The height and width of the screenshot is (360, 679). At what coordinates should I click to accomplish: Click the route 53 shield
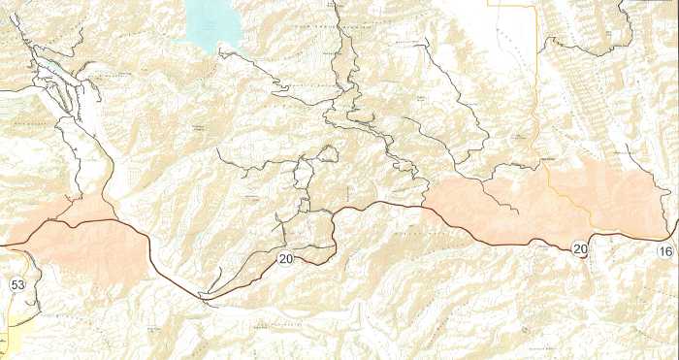[x=17, y=284]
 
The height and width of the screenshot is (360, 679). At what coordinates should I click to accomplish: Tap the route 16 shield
[x=664, y=251]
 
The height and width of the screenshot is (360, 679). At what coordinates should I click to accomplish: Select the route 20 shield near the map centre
[x=284, y=258]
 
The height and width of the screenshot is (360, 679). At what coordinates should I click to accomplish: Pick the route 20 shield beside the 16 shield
[x=579, y=249]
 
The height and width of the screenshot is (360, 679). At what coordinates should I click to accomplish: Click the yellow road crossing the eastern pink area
[x=567, y=199]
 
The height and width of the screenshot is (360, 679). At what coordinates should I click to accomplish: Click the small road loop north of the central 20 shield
[x=328, y=153]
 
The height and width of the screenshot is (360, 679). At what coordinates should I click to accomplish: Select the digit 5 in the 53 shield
[x=14, y=284]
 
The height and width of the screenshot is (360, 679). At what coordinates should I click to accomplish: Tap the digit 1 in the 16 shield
[x=661, y=251]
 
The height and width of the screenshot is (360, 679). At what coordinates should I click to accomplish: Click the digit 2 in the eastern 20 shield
[x=575, y=249]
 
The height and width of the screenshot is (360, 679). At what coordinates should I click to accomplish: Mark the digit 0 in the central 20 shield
[x=288, y=258]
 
